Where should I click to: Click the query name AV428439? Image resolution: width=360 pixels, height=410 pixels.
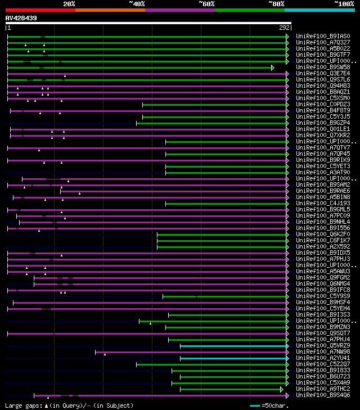(21, 18)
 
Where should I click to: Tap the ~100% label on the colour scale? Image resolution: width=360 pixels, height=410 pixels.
(344, 3)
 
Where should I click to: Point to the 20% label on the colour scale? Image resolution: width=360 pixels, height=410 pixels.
(69, 3)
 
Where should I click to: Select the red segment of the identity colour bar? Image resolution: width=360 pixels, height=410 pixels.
(40, 10)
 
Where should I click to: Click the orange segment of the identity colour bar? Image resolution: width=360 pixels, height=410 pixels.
(110, 10)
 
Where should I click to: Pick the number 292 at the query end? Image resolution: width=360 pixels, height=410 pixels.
(284, 27)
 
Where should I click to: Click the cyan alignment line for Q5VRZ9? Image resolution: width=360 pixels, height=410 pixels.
(233, 345)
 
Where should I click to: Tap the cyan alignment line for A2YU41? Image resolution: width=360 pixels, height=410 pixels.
(233, 358)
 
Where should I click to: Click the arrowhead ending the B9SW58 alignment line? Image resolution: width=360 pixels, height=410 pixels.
(273, 67)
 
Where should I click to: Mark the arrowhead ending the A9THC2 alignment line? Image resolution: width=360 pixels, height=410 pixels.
(282, 389)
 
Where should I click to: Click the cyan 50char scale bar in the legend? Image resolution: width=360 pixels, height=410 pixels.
(255, 405)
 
